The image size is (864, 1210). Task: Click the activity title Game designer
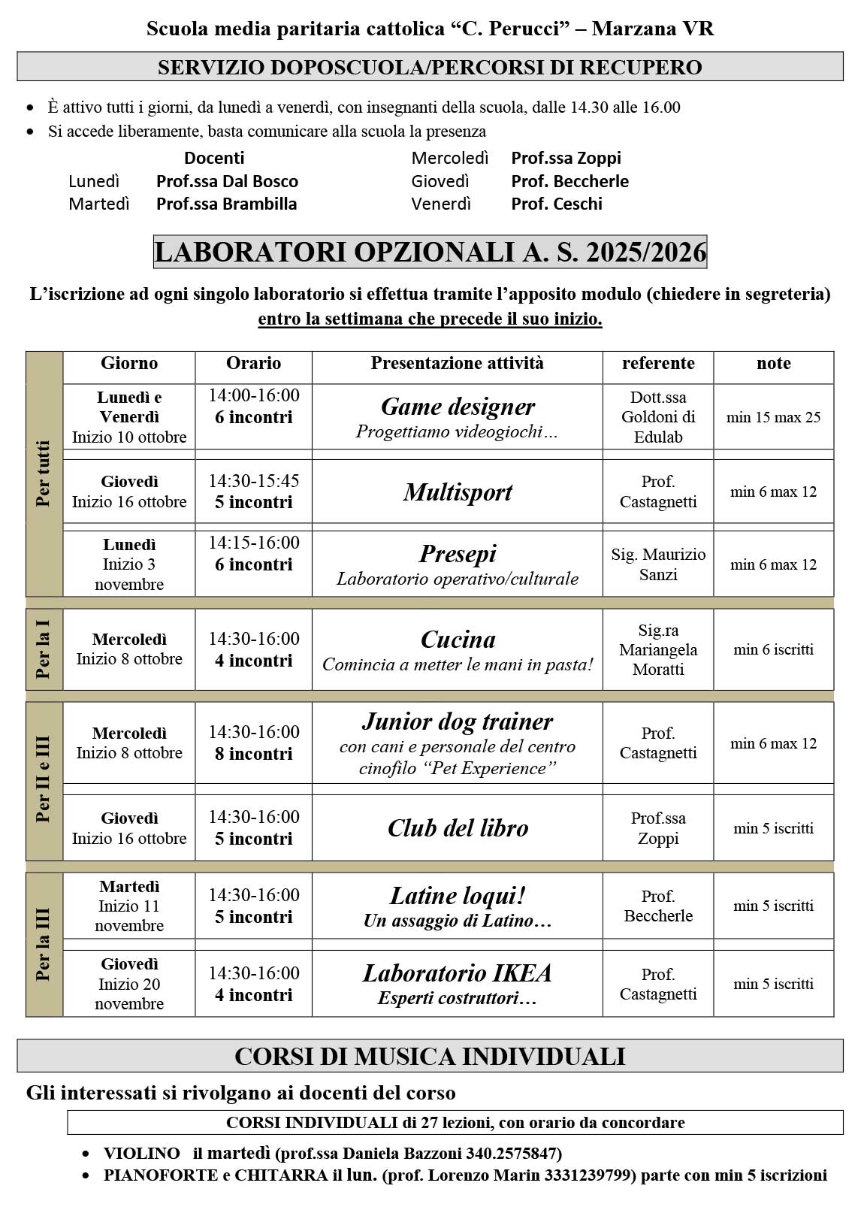click(x=458, y=407)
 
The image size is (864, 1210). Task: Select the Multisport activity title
click(x=458, y=492)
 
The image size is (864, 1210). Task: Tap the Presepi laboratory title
click(x=458, y=554)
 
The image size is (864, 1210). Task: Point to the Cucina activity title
click(x=458, y=640)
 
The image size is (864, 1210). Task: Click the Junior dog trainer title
click(x=458, y=721)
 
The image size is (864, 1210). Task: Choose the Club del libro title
click(x=458, y=828)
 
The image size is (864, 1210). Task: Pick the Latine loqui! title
click(x=458, y=896)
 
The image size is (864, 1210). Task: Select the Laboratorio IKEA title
click(x=458, y=973)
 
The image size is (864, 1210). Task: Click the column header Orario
click(x=253, y=364)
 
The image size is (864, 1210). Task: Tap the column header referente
click(x=658, y=364)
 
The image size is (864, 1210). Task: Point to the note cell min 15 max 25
click(x=773, y=417)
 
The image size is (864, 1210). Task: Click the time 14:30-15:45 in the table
click(x=253, y=481)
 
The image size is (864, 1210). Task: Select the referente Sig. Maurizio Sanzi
click(x=658, y=564)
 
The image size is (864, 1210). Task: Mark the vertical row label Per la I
click(x=44, y=649)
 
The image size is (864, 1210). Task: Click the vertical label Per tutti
click(x=44, y=473)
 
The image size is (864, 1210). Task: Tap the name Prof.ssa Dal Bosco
click(x=227, y=181)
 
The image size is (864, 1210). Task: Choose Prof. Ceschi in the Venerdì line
click(x=557, y=204)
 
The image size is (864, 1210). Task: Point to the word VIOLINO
click(x=142, y=1153)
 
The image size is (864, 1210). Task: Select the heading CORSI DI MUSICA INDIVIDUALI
click(x=430, y=1056)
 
